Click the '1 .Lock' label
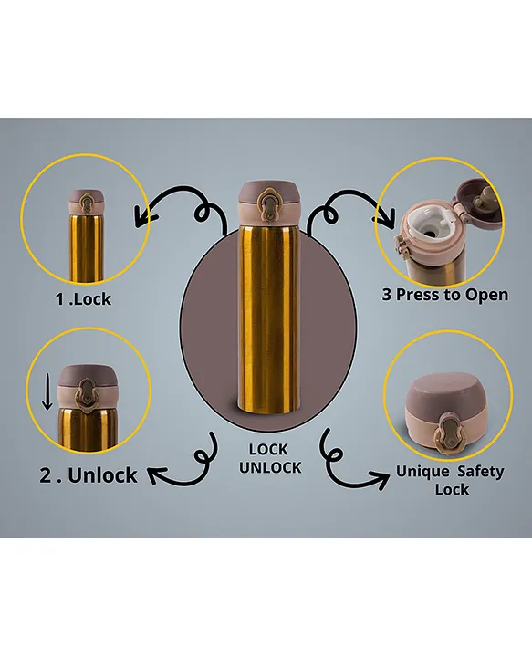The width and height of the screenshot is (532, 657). coord(83,299)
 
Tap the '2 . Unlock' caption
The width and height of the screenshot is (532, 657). coord(89,475)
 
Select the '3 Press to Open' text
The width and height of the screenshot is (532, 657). coord(445,295)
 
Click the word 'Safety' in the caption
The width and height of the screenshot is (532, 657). coord(481,472)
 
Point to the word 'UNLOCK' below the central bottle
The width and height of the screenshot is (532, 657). coord(270,467)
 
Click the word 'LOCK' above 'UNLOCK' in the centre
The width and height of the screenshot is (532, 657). coord(268,450)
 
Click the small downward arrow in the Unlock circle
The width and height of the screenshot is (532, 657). coord(47,391)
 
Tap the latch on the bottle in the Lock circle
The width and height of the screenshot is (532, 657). coord(87,204)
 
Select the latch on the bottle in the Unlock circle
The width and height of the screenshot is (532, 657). coord(86,395)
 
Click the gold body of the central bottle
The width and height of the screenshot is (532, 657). coord(268,318)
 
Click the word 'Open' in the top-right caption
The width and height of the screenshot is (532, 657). coord(486,295)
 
